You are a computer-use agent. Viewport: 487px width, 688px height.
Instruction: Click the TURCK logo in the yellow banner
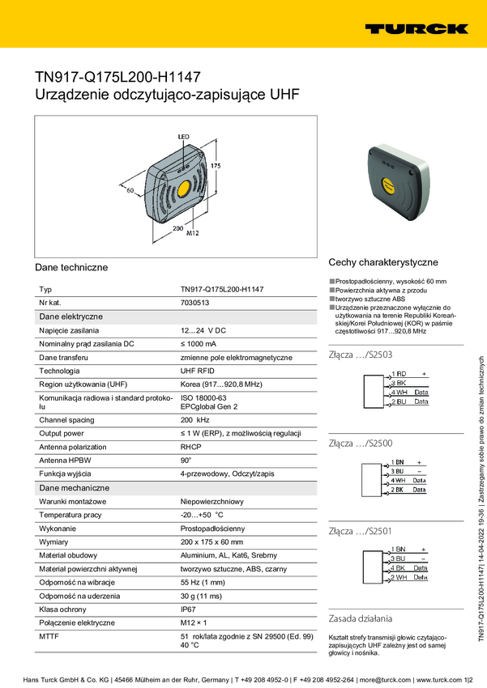[x=416, y=28]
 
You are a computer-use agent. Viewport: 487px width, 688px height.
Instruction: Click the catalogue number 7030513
[x=194, y=303]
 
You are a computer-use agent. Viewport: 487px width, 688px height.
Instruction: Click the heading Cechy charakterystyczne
[x=382, y=262]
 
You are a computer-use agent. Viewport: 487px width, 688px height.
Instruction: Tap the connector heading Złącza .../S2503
[x=361, y=355]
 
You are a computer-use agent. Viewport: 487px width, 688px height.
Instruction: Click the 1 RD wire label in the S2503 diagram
[x=399, y=373]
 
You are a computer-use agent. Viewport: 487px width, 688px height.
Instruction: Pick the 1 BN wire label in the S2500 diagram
[x=399, y=461]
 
